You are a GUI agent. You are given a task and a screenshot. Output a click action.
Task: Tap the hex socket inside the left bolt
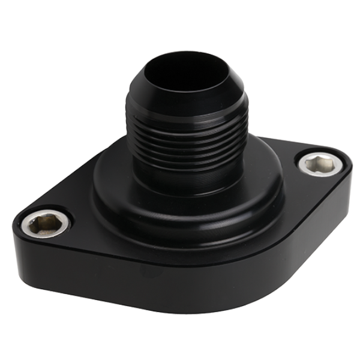(x=45, y=224)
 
